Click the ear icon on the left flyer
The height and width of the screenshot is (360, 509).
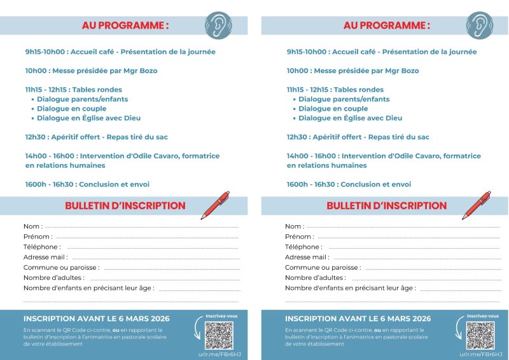point(218,25)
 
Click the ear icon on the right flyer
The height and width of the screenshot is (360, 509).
point(479,25)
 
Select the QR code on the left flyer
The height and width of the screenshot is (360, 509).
point(219,335)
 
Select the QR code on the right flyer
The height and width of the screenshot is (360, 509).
point(480,335)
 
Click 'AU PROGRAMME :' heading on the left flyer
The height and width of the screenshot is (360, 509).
point(125,25)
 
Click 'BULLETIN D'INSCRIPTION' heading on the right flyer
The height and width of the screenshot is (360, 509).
point(386,205)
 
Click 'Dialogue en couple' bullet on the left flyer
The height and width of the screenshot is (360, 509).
point(72,109)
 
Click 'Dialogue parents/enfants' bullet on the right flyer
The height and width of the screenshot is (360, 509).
point(344,99)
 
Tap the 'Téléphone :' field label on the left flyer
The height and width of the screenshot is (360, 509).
point(42,247)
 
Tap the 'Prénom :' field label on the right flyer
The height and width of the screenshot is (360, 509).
point(300,237)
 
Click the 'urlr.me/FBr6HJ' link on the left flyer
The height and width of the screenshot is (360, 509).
point(218,354)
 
